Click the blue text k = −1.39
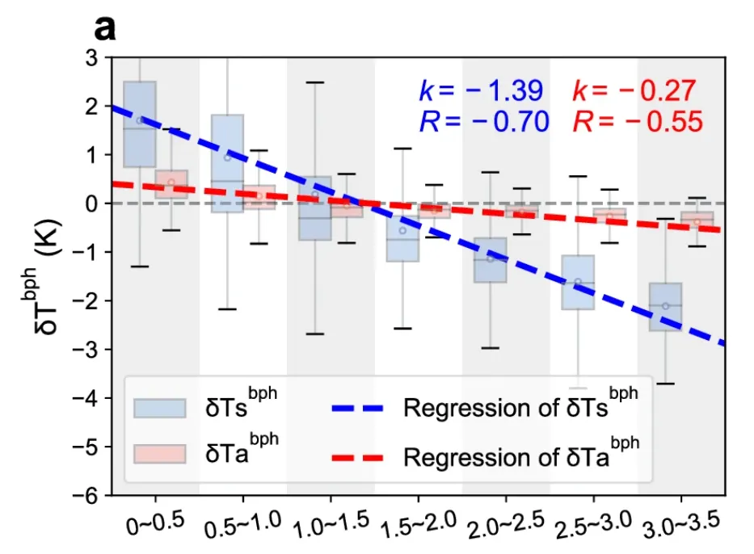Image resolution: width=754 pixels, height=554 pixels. click(480, 90)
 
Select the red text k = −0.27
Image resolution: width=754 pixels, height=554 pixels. click(634, 90)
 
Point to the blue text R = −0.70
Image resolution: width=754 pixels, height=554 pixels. click(482, 122)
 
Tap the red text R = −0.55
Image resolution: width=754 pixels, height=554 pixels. click(637, 122)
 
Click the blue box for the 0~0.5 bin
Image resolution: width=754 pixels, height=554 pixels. click(139, 124)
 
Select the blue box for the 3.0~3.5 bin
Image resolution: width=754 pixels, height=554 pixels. click(666, 307)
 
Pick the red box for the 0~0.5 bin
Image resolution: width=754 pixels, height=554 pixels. click(171, 184)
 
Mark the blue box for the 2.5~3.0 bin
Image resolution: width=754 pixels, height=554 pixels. click(578, 283)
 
